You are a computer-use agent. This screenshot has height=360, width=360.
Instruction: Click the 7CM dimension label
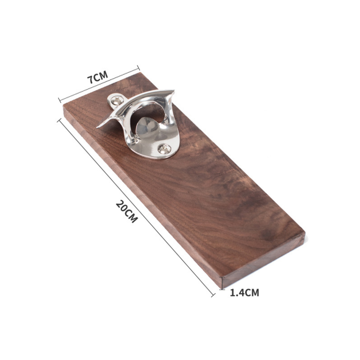point(97,77)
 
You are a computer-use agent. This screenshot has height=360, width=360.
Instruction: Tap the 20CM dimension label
point(127,211)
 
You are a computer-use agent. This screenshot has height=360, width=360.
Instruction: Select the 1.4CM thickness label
point(244,293)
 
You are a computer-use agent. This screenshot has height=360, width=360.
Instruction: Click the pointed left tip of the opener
point(97,127)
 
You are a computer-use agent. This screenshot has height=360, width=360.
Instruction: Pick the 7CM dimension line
point(99,84)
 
